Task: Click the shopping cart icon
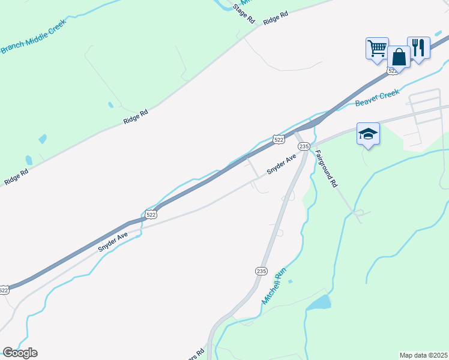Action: [377, 47]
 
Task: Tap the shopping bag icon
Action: [399, 57]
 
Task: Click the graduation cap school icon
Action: [368, 133]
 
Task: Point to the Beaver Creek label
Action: [377, 98]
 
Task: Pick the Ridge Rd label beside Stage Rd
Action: [276, 17]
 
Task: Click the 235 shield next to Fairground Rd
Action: [304, 146]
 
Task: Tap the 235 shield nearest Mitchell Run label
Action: [261, 271]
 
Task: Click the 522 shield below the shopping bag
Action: [393, 71]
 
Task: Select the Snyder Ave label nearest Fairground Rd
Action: [282, 163]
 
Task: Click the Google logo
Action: [20, 353]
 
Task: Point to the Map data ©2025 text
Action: [423, 355]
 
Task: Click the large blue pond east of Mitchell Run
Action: [319, 302]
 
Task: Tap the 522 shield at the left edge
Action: [4, 290]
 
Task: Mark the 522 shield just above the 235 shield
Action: [279, 139]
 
